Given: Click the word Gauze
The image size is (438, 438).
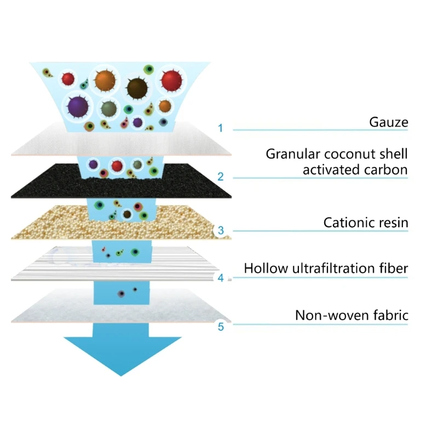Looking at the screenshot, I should tap(389, 122).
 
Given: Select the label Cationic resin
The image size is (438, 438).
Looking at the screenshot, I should tap(366, 223).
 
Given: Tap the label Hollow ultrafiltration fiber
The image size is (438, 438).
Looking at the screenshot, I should tap(326, 269).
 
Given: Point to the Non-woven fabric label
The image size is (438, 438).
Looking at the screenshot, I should tap(351, 315).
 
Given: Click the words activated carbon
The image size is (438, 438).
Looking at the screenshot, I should tap(355, 170).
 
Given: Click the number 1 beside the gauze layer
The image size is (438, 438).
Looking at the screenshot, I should tap(220, 129).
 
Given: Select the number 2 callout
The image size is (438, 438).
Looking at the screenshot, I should tap(220, 176).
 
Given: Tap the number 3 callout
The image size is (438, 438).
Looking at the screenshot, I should tap(220, 230).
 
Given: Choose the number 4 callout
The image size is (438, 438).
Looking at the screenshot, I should tap(220, 278).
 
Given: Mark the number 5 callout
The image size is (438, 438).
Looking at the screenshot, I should tap(220, 327).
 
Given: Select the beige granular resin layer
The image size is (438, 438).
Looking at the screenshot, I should tap(55, 227).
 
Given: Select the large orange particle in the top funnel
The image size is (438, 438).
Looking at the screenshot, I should tap(103, 80).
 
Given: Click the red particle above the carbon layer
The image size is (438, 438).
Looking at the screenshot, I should tap(116, 165).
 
